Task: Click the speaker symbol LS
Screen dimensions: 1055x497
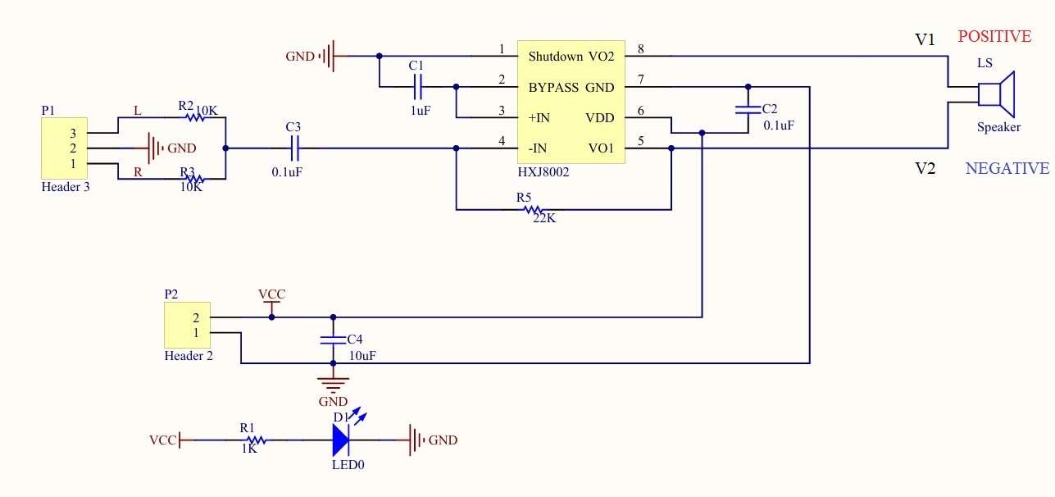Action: click(x=996, y=94)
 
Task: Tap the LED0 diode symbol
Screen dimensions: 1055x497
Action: click(x=340, y=440)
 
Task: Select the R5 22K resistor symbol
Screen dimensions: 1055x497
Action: click(x=534, y=210)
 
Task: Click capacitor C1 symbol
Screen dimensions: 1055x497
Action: click(x=417, y=87)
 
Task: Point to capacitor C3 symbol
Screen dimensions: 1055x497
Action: click(x=294, y=148)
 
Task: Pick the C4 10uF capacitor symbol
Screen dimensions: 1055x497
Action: click(x=333, y=340)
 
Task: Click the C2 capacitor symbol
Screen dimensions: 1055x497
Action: click(x=748, y=110)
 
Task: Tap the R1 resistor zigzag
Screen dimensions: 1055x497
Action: click(x=257, y=440)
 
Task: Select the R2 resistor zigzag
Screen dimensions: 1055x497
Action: click(x=195, y=117)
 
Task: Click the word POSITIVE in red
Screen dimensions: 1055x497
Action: click(x=994, y=36)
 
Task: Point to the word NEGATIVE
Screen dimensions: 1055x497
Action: click(x=1007, y=168)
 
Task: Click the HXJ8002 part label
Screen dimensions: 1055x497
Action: click(x=543, y=172)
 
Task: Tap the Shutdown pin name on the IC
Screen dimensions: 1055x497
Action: click(x=555, y=57)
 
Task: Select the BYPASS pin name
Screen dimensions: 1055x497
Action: click(x=553, y=88)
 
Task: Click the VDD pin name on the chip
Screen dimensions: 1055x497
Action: click(x=599, y=118)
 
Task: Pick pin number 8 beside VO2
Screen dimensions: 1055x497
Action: click(x=640, y=49)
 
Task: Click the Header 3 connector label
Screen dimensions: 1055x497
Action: click(x=66, y=187)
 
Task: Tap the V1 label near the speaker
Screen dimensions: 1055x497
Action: click(x=925, y=39)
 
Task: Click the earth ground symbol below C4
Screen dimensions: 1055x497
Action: click(x=333, y=385)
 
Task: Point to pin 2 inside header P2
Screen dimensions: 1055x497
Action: click(x=196, y=318)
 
